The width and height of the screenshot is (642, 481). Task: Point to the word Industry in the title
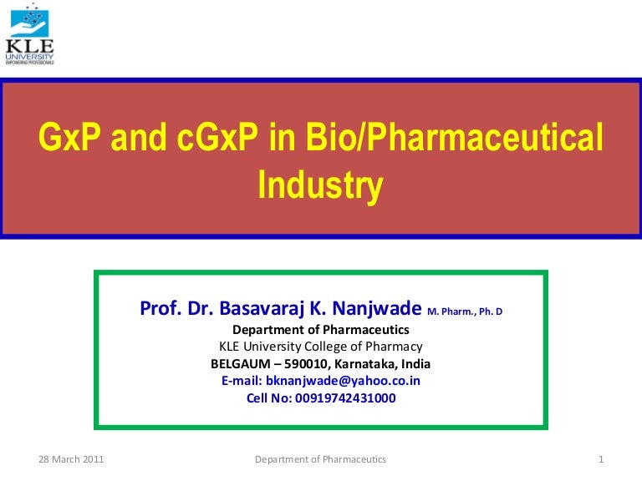coord(320,185)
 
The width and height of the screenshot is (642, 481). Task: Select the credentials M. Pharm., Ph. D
coord(465,312)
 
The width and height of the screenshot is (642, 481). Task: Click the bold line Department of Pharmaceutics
coord(320,329)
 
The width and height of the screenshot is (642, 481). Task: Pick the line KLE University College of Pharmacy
coord(320,347)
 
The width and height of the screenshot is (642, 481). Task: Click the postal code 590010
coord(305,364)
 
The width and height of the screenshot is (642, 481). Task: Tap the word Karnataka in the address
coord(364,364)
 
